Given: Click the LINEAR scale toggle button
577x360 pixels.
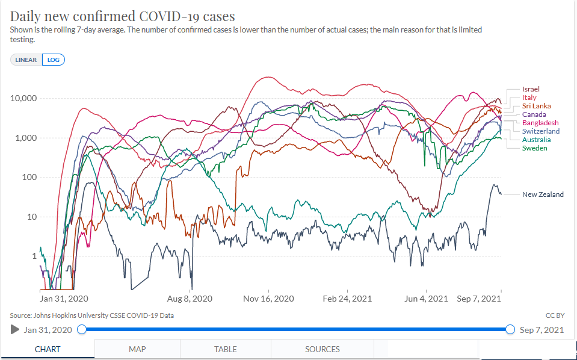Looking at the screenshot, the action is point(26,60).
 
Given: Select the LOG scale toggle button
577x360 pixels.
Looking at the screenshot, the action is point(54,60).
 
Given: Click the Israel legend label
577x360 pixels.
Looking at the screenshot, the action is point(531,89).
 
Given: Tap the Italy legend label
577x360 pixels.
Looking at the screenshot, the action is point(529,98).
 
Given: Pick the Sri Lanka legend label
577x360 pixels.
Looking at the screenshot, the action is point(537,106).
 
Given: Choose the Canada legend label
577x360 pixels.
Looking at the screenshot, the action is point(534,114).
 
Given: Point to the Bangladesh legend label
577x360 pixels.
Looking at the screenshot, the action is point(540,123).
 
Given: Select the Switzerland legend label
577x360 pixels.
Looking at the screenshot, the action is point(541,131).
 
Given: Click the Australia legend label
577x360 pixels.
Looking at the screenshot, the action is point(537,140).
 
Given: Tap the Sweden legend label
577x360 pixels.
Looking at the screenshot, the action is point(535,148).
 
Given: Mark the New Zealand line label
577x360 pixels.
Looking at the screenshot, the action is point(543,194).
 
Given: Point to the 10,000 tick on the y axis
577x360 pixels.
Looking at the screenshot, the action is point(23,98).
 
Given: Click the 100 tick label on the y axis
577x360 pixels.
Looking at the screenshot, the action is point(29,177).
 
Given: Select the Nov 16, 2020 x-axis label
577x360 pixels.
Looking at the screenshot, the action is point(268,299).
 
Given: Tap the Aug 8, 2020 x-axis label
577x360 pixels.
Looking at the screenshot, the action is point(190,299).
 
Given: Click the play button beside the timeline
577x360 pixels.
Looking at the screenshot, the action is point(14,329).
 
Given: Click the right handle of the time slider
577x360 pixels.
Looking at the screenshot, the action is point(510,329).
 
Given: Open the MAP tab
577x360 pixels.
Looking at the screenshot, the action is point(137,349).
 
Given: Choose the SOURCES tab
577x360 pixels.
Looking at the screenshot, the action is point(322,349).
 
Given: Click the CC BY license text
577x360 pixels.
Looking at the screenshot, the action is point(555,315).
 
